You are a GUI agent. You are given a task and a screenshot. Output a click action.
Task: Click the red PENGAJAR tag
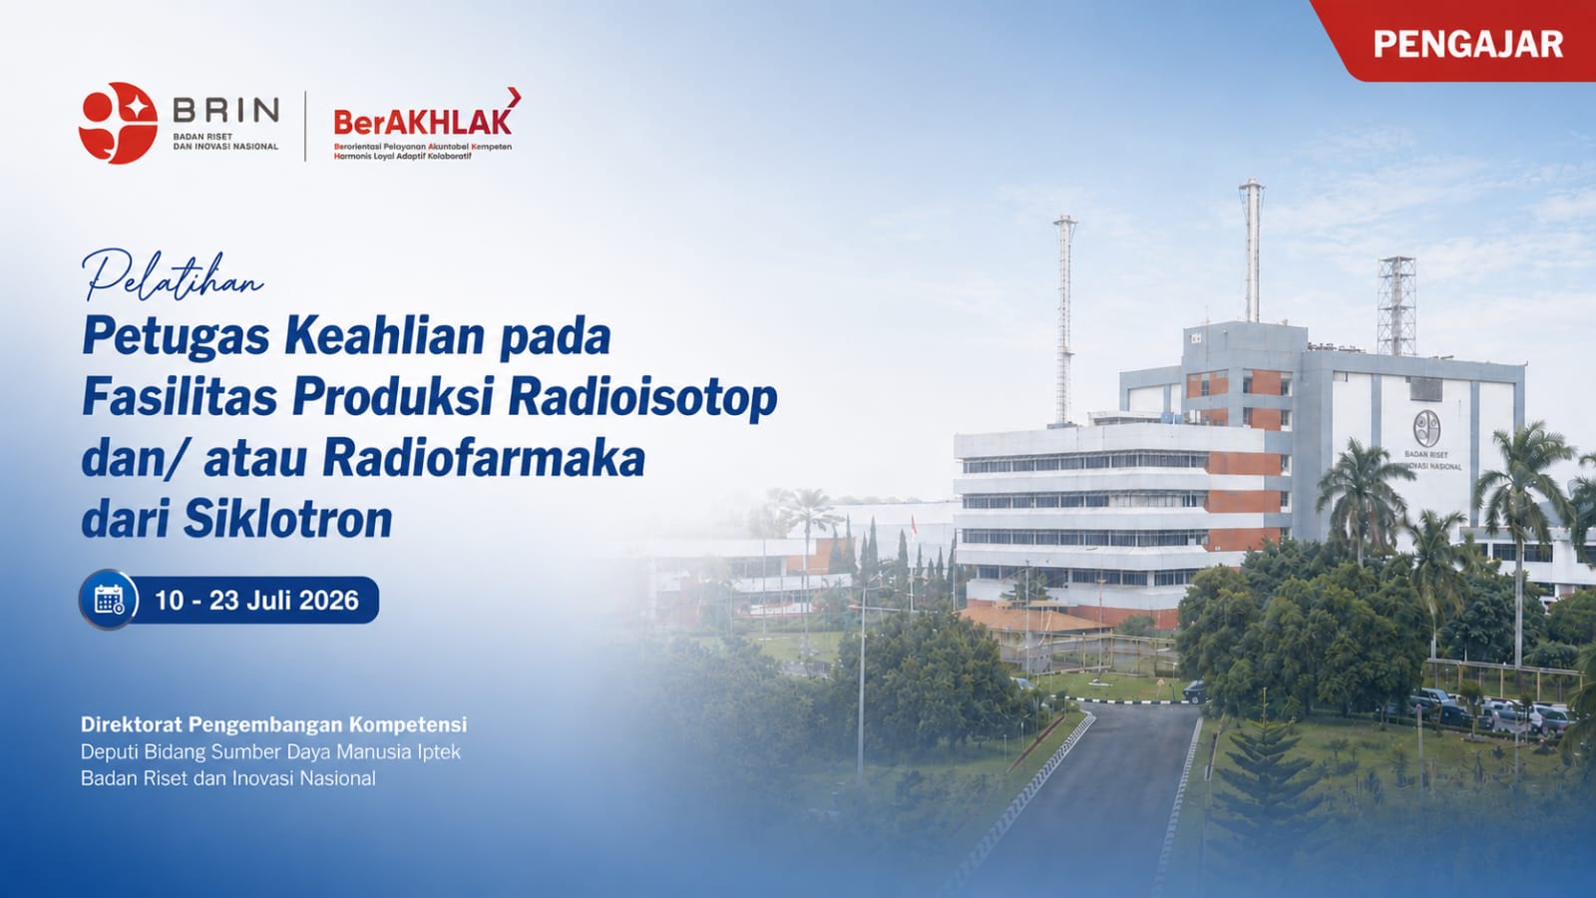(1460, 41)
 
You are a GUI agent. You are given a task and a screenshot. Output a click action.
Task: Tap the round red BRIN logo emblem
(119, 124)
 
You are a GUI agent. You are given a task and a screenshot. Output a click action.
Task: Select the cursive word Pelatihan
(174, 275)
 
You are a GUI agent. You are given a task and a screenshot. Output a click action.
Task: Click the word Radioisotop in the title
(642, 398)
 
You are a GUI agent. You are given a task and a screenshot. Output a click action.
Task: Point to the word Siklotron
(287, 518)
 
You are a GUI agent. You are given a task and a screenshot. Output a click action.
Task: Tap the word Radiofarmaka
(484, 458)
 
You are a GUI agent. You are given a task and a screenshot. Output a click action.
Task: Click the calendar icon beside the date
(109, 600)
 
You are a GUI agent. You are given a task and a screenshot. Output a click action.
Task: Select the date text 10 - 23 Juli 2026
(256, 600)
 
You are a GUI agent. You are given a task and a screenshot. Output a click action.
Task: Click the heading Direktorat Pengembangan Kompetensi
(273, 724)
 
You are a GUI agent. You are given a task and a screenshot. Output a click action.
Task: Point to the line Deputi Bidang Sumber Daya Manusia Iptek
(270, 752)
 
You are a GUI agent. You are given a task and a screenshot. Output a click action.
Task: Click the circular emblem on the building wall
(1426, 428)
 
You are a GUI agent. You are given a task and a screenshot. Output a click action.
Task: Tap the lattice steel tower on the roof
(1396, 305)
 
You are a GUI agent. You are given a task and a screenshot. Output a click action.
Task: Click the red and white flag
(914, 526)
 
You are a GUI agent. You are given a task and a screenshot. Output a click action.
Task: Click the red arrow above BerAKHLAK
(514, 97)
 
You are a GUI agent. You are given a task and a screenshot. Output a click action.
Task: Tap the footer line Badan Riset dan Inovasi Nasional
(228, 778)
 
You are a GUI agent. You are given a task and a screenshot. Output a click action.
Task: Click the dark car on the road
(1195, 690)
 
